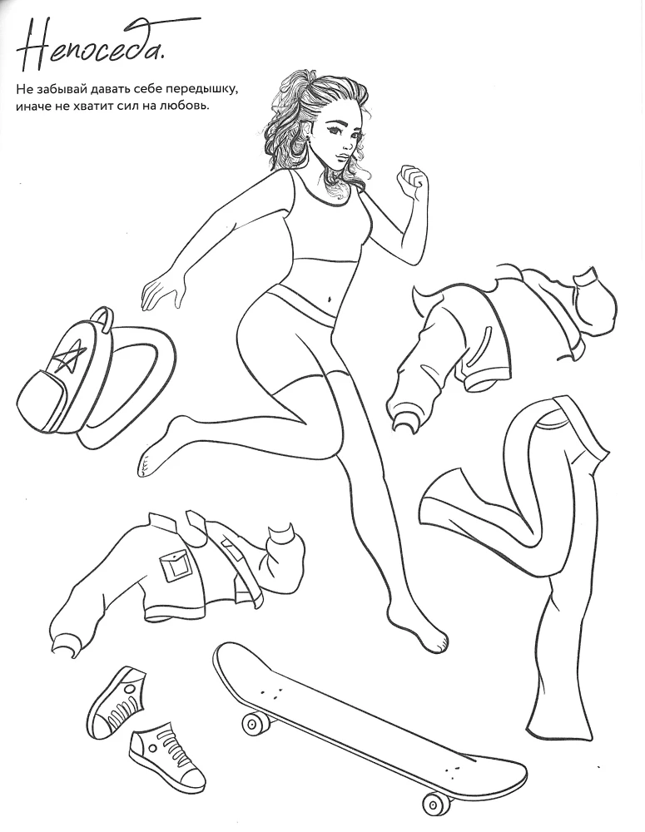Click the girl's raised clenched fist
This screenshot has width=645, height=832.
414,181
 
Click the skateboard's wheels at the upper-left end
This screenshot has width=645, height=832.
256,721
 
